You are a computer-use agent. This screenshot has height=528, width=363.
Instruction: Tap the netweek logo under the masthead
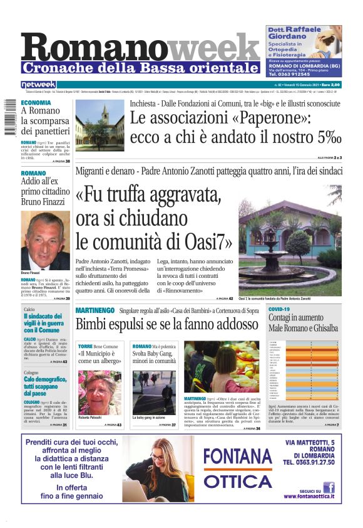[x=38, y=85]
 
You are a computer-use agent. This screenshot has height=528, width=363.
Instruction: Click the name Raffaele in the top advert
[x=314, y=29]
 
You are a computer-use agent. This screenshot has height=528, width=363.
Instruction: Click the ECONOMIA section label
[x=36, y=102]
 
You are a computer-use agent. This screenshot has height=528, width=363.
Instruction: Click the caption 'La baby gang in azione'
[x=149, y=418]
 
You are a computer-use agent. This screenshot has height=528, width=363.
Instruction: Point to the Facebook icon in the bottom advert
[x=328, y=487]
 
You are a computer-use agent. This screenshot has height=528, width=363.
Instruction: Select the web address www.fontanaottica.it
[x=308, y=496]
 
